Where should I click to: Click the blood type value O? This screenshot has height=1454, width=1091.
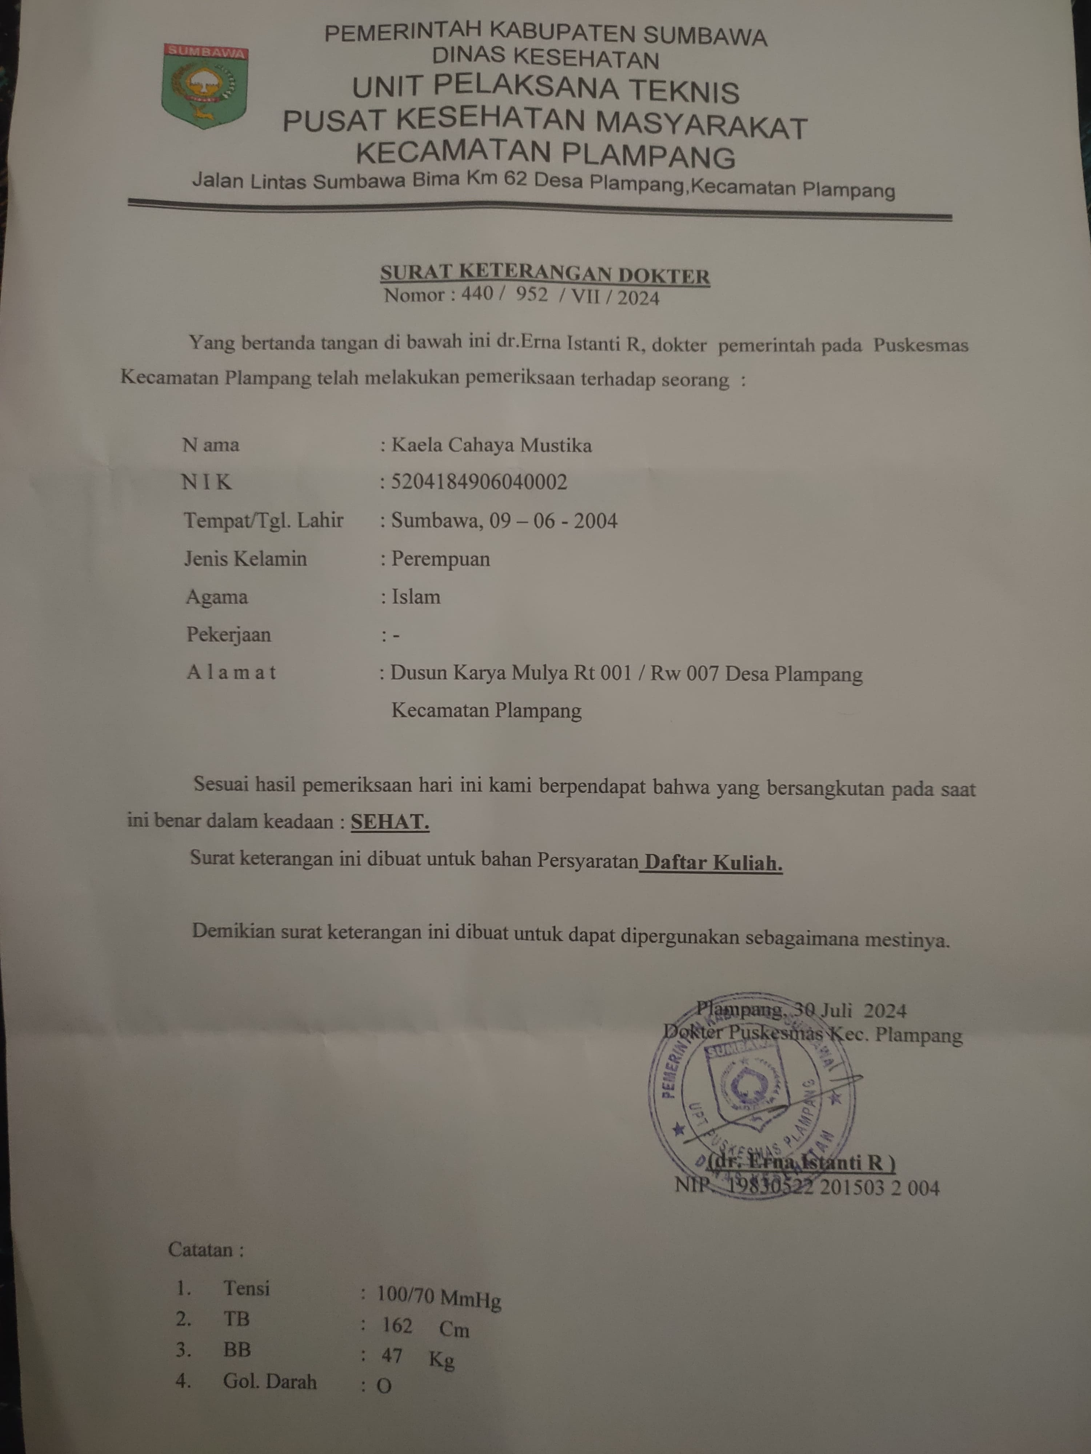click(x=384, y=1386)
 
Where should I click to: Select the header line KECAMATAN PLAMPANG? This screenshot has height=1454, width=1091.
click(x=545, y=155)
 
